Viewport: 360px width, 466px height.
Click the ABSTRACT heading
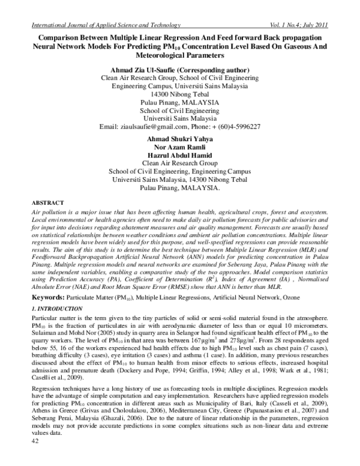46,204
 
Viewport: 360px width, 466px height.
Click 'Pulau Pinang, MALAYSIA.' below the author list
180,187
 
